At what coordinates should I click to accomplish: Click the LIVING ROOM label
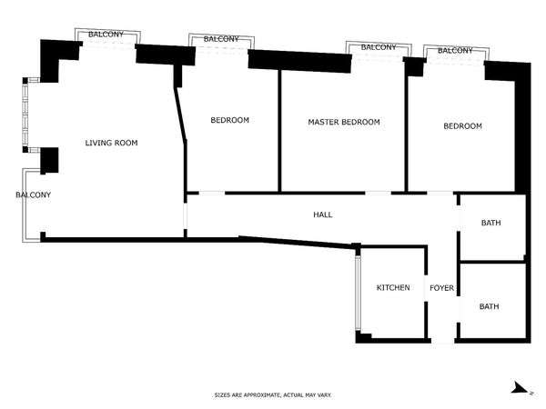[111, 143]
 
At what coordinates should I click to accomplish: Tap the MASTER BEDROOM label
[344, 122]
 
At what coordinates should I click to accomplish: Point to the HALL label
[323, 214]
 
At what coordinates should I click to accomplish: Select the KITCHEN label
[393, 287]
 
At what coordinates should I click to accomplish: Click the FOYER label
[441, 288]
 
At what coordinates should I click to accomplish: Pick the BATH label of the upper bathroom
[491, 223]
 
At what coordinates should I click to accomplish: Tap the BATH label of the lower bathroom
[490, 306]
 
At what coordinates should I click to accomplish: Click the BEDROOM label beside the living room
[230, 120]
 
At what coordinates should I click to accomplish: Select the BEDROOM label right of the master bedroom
[463, 126]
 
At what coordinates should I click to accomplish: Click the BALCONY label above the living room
[106, 35]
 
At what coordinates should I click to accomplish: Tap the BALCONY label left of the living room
[34, 195]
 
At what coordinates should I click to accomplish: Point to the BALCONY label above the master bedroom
[379, 47]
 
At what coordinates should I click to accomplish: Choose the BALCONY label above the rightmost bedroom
[455, 50]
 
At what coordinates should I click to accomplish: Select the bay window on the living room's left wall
[25, 115]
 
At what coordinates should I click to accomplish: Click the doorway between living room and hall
[186, 216]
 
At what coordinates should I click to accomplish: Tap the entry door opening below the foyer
[443, 341]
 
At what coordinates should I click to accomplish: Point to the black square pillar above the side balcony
[49, 160]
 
